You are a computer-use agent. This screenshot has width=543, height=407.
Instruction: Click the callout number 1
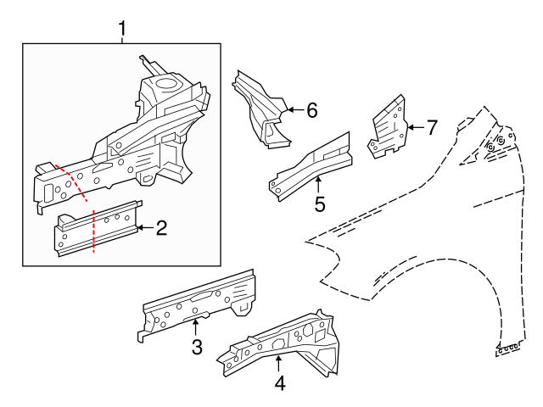pyautogui.click(x=122, y=30)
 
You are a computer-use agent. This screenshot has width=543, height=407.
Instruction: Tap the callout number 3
pyautogui.click(x=196, y=346)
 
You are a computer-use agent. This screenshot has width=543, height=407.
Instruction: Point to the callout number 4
pyautogui.click(x=279, y=382)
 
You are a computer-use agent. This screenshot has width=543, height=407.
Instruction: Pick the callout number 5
pyautogui.click(x=319, y=203)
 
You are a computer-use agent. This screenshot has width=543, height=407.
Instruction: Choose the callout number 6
pyautogui.click(x=311, y=109)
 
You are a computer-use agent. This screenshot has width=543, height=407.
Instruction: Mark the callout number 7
pyautogui.click(x=431, y=128)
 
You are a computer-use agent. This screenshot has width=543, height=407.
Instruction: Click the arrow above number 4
pyautogui.click(x=279, y=361)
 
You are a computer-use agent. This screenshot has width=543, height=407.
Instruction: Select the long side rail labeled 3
pyautogui.click(x=199, y=301)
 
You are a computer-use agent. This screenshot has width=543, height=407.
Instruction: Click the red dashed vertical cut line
pyautogui.click(x=92, y=233)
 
